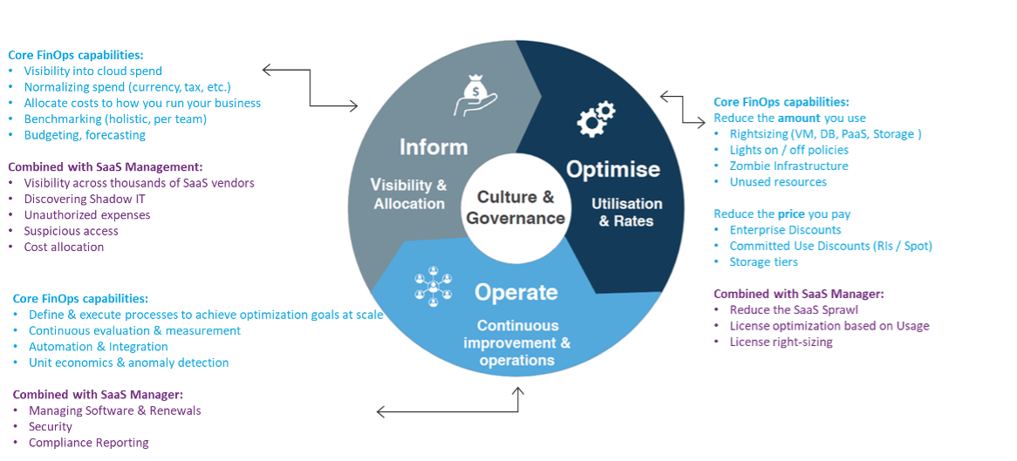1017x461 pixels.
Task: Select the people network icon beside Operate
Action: point(433,285)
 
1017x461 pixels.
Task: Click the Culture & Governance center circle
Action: point(516,207)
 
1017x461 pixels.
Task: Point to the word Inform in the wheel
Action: point(433,147)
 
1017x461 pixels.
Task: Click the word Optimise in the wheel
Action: point(613,169)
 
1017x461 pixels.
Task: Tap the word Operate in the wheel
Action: point(516,292)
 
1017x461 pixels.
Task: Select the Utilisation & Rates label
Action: point(626,213)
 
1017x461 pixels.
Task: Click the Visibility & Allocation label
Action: point(410,194)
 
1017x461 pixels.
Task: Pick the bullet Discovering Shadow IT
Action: point(85,199)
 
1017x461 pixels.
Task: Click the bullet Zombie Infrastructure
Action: point(788,166)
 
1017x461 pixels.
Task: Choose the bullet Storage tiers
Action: point(764,262)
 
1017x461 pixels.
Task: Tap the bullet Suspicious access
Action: point(71,231)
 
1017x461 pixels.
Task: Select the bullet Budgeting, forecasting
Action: point(85,135)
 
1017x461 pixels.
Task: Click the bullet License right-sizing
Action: point(781,342)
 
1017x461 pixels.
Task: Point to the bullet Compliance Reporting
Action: point(89,443)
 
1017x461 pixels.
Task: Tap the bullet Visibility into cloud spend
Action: point(92,71)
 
